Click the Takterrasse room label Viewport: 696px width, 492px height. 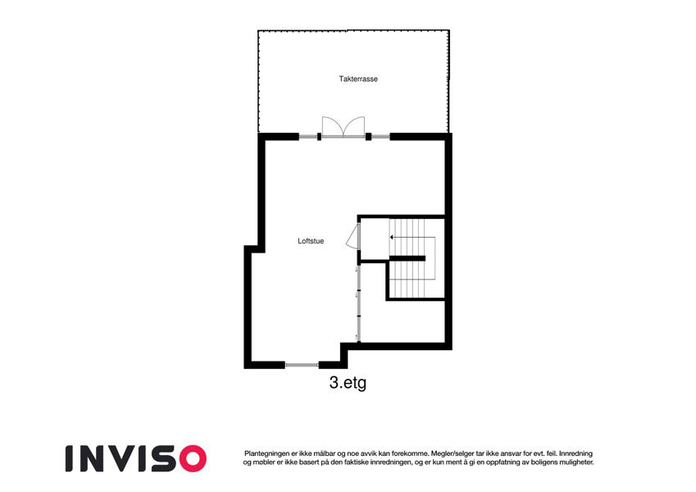[358, 79]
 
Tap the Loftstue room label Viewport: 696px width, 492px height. [311, 241]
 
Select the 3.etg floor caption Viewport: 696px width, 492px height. [348, 383]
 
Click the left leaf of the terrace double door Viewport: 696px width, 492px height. [332, 125]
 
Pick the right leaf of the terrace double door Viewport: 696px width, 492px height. [354, 125]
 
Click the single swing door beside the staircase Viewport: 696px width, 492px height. [353, 237]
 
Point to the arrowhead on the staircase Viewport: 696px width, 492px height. [392, 238]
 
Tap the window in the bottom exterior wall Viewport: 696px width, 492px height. [302, 365]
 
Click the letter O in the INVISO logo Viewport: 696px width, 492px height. [193, 458]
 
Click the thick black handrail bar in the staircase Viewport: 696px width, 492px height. [407, 258]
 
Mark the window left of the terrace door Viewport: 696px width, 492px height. [308, 136]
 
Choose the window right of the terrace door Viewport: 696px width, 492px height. [380, 136]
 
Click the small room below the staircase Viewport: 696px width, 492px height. [402, 321]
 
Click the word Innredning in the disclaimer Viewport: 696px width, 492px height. [575, 453]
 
